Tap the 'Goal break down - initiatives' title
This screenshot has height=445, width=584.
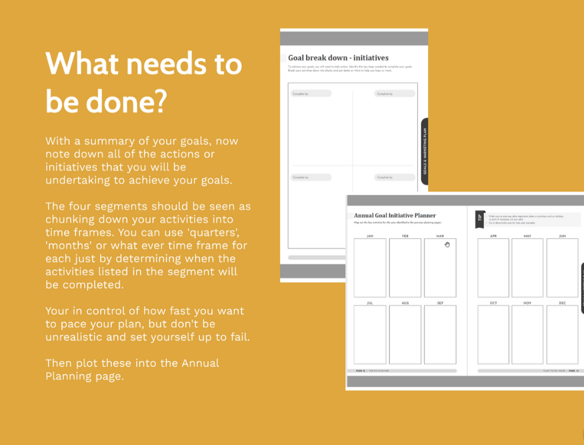click(x=338, y=58)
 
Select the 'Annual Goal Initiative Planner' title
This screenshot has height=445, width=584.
click(x=395, y=215)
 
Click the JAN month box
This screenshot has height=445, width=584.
click(x=370, y=268)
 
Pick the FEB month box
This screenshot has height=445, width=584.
click(x=405, y=268)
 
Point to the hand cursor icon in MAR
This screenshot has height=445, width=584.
click(x=447, y=244)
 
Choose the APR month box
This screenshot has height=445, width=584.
click(x=493, y=268)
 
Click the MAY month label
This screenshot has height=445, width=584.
click(x=527, y=236)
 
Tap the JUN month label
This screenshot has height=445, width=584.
click(x=562, y=236)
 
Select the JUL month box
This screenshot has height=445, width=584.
click(x=370, y=334)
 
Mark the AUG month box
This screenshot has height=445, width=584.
click(x=405, y=334)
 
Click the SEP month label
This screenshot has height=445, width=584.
click(x=440, y=303)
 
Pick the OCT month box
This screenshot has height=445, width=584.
click(x=493, y=334)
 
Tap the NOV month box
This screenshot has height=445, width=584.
click(x=527, y=334)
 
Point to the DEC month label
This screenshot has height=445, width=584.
click(x=562, y=303)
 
